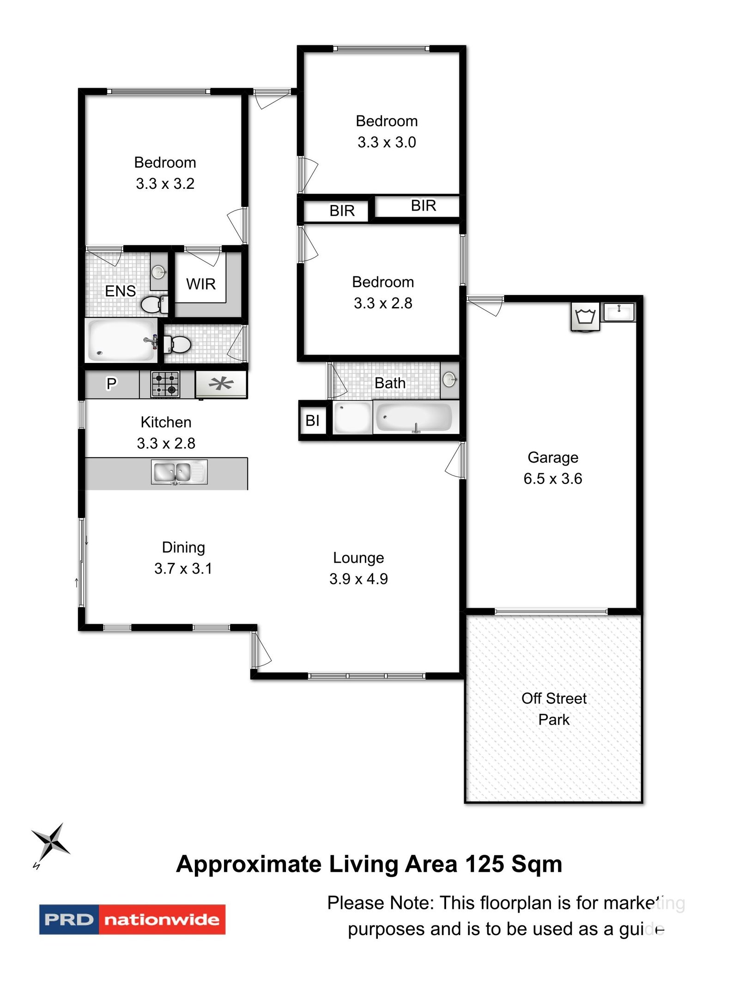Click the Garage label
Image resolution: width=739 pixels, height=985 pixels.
coord(552,457)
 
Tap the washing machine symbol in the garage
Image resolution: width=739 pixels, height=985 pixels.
coord(585,316)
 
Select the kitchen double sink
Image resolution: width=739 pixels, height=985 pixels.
coord(179,472)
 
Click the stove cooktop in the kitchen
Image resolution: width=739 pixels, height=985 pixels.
coord(165,384)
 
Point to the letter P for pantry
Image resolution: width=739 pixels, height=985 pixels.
coord(111,383)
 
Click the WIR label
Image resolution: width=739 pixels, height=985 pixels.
coord(201,284)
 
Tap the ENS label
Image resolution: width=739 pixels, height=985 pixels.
coord(120,290)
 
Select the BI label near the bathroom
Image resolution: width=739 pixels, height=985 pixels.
coord(312,420)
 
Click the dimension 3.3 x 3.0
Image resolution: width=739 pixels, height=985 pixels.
coord(387,142)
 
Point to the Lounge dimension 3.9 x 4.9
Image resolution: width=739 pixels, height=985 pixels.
coord(358,579)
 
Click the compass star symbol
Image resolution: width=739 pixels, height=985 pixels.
coord(50,841)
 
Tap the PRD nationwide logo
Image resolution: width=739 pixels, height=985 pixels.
coord(132,919)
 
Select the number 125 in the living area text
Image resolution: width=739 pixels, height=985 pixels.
coord(484,864)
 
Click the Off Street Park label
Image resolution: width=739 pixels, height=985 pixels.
coord(553,709)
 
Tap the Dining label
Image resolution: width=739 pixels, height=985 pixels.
coord(183,547)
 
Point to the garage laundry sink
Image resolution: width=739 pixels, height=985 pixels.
coord(619,312)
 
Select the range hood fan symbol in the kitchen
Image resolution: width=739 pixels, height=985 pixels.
coord(221,384)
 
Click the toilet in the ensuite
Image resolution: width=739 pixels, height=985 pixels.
coord(152,305)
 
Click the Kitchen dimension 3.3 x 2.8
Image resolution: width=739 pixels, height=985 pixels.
coord(166,443)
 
